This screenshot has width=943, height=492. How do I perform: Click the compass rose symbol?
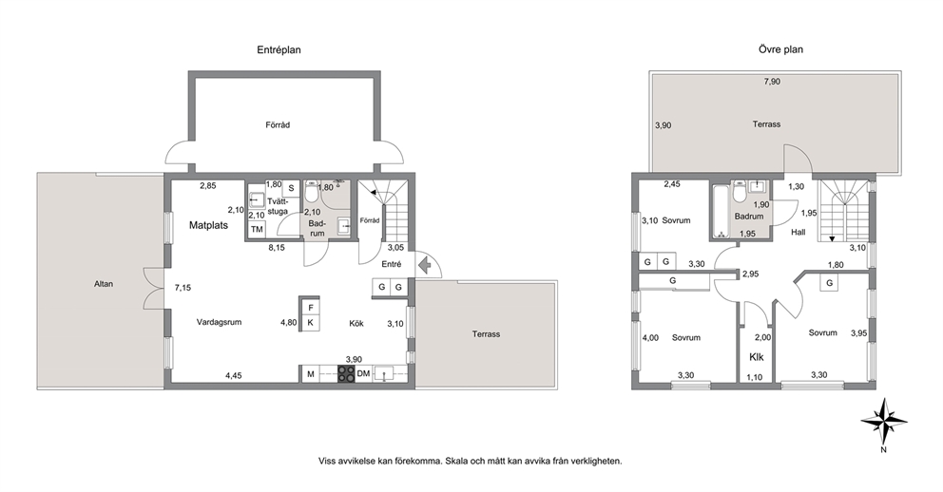coord(883,421)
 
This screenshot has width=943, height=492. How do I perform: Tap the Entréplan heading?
coord(279,50)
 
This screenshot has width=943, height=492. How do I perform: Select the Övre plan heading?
coord(780,49)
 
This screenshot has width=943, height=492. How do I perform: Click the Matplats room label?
coord(209,226)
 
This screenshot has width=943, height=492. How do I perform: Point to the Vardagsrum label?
coord(219,322)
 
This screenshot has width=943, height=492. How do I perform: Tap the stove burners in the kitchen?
coord(346,374)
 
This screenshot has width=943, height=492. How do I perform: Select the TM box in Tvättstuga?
coord(257,230)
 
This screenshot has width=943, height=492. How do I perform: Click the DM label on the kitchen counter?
coord(363,374)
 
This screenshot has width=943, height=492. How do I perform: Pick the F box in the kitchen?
coord(310,308)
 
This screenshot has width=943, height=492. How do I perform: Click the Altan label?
coord(104,284)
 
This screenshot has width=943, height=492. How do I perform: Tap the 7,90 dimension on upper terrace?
coord(772,82)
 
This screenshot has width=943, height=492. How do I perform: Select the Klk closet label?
coord(757,357)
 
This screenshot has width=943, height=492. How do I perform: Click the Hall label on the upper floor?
coord(799,232)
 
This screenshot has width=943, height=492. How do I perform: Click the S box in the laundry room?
coord(291,188)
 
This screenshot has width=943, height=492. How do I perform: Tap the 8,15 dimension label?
coord(277,247)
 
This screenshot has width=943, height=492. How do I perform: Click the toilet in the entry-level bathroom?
coord(312,192)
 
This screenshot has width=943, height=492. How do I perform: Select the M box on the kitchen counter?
coord(310,374)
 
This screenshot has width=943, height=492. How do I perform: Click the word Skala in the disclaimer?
coord(455,462)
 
